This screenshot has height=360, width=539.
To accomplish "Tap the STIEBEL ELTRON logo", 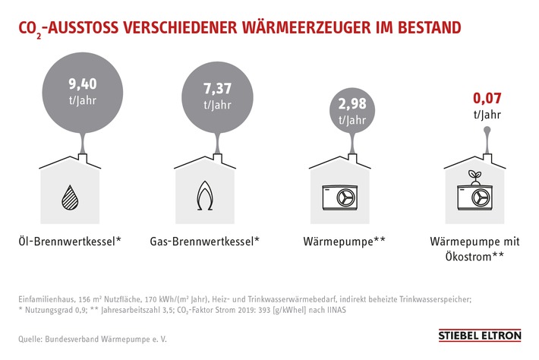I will click(478, 335).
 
